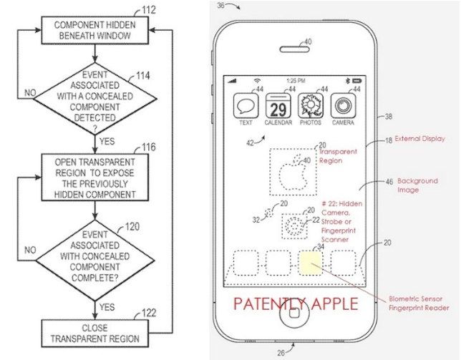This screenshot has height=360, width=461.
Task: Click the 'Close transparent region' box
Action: pyautogui.click(x=96, y=334)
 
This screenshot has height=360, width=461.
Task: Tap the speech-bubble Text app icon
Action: pyautogui.click(x=246, y=107)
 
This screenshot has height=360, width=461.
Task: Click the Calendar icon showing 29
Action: pyautogui.click(x=278, y=107)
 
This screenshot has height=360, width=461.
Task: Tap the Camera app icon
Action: pyautogui.click(x=343, y=107)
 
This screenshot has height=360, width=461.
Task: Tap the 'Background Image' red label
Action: pyautogui.click(x=418, y=185)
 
